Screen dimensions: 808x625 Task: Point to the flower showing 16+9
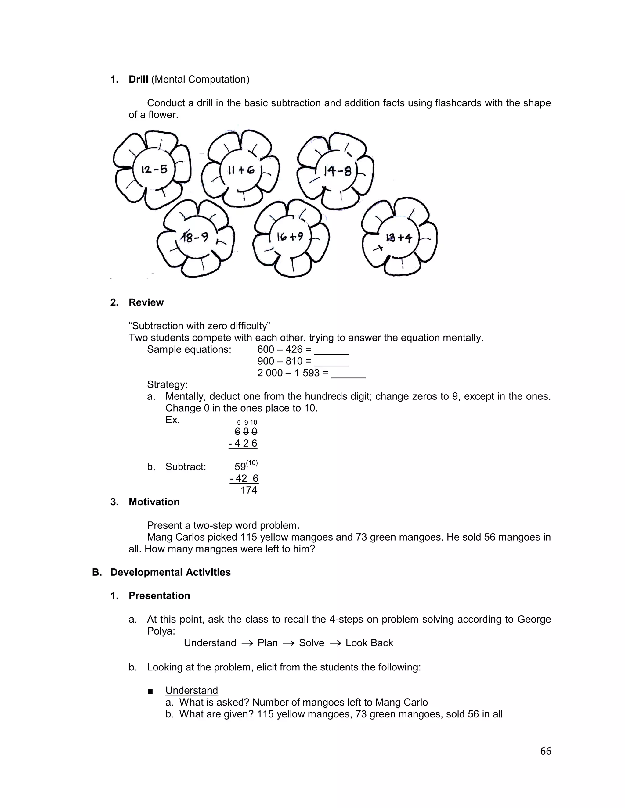(x=290, y=237)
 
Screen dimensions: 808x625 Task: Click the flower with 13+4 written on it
(x=398, y=238)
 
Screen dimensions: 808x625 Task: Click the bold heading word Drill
(x=138, y=79)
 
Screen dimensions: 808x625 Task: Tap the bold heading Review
(x=146, y=302)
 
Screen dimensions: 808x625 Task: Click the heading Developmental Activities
(x=170, y=572)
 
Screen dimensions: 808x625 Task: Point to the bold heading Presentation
(x=159, y=596)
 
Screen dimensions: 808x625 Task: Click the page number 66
(x=545, y=751)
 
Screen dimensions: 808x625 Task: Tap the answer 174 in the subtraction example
(x=248, y=490)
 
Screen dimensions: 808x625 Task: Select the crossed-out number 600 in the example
(x=246, y=431)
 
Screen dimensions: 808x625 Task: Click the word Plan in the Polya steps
(x=267, y=643)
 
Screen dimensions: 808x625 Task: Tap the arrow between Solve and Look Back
(x=335, y=643)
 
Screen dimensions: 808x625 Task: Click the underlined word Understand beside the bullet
(x=191, y=690)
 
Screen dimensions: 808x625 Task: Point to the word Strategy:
(x=167, y=384)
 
